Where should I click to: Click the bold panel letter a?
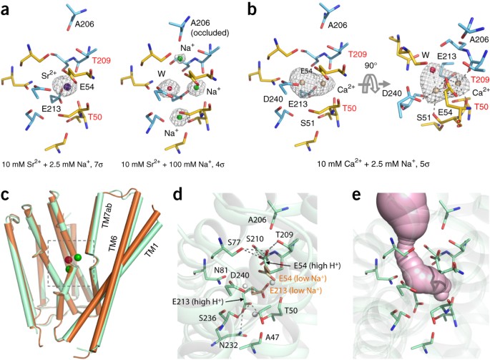click(7, 8)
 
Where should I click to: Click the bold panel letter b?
click(252, 8)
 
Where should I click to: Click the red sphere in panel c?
click(69, 258)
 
